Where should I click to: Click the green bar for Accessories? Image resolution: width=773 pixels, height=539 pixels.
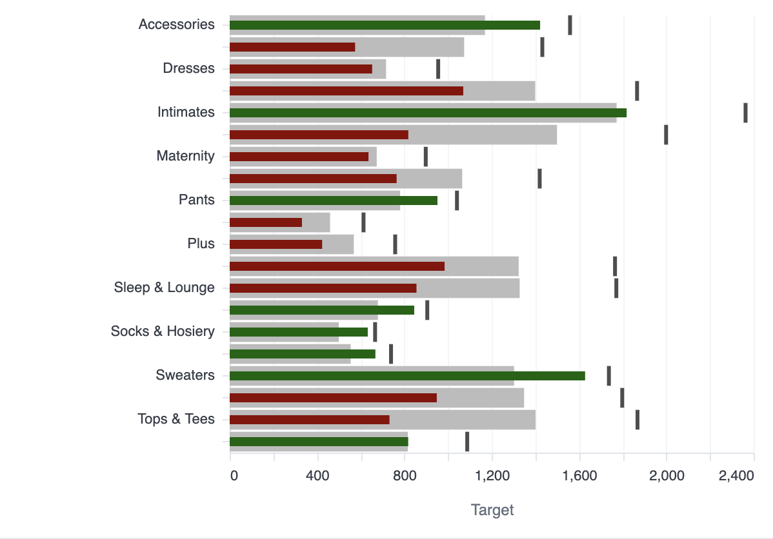tap(385, 25)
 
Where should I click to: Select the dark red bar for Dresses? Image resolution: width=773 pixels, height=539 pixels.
tap(301, 69)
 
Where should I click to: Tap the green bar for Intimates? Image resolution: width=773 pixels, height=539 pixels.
tap(428, 113)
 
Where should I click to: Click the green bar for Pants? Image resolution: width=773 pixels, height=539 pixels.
tap(333, 201)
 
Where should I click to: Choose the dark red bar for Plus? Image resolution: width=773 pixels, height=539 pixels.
tap(276, 244)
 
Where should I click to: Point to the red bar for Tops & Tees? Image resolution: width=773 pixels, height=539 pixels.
tap(309, 420)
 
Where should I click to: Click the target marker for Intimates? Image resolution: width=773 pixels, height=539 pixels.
tap(745, 113)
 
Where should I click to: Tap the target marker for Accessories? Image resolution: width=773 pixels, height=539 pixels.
tap(570, 25)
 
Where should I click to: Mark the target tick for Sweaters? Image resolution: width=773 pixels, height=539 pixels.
tap(608, 376)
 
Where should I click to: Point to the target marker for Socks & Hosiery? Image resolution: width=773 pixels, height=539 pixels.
tap(375, 332)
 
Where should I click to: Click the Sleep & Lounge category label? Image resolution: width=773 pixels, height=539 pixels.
tap(164, 288)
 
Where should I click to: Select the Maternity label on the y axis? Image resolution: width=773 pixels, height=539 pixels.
tap(185, 156)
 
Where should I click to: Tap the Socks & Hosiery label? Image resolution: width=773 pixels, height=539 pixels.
tap(163, 331)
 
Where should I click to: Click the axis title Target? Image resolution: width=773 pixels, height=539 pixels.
tap(492, 510)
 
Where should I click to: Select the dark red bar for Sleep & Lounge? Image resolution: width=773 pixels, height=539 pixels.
tap(323, 288)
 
